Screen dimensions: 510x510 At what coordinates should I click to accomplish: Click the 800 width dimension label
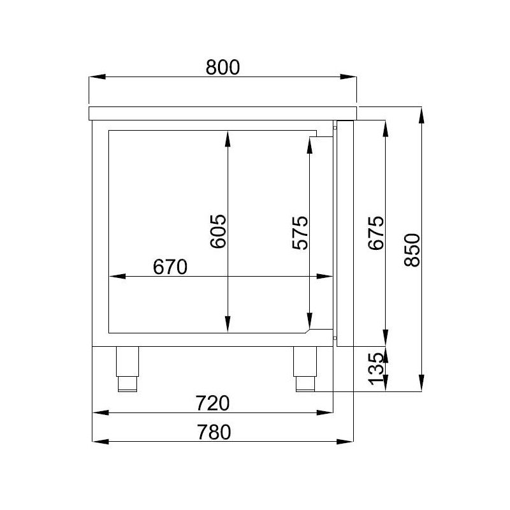[x=222, y=68]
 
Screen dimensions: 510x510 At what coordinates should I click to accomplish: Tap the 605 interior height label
[x=218, y=231]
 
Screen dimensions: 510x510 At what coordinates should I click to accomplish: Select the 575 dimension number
[x=300, y=232]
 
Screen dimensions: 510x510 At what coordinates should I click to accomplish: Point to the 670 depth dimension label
[x=170, y=266]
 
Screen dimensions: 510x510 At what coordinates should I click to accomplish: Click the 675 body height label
[x=376, y=232]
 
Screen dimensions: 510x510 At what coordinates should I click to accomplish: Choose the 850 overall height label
[x=412, y=249]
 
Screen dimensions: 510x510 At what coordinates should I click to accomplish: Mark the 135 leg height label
[x=377, y=368]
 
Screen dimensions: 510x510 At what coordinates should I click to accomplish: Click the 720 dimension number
[x=213, y=403]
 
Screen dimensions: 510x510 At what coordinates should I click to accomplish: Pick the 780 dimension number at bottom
[x=214, y=432]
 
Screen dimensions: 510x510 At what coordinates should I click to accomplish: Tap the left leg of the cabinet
[x=127, y=369]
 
